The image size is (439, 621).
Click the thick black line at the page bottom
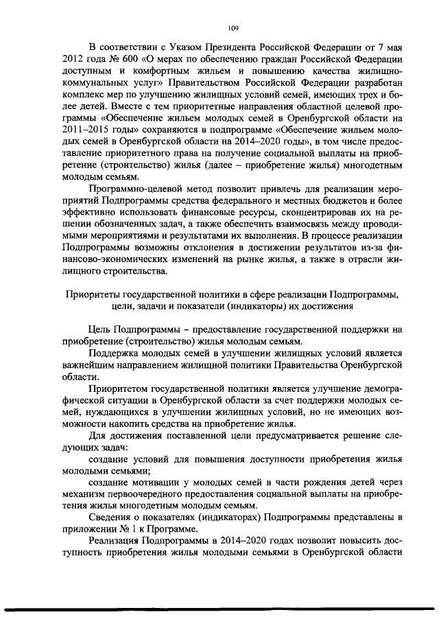(219, 609)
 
